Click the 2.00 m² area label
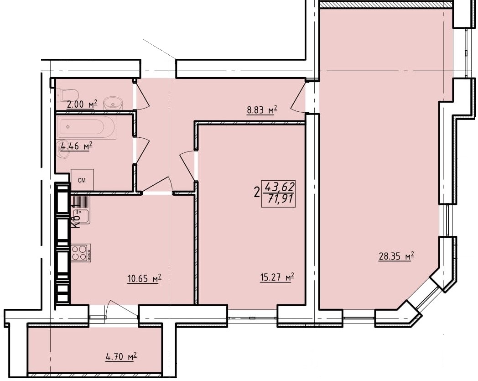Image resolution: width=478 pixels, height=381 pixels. pos(82,104)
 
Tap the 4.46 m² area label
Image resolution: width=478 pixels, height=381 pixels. pos(77,146)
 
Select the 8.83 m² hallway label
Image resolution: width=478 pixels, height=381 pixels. pos(262,110)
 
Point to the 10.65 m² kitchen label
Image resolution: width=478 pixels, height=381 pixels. pos(144,279)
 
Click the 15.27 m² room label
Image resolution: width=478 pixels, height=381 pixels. pos(277,278)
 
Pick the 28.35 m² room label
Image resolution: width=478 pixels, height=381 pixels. pos(396,256)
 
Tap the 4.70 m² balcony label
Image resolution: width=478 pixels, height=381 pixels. pos(121,356)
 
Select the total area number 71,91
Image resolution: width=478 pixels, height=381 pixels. pos(280,199)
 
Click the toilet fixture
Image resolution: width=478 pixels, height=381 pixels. pos(68,94)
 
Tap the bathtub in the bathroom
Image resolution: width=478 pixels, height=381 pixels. pos(88,127)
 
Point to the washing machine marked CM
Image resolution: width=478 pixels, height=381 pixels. pos(82,180)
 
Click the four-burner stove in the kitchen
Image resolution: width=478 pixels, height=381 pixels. pos(81,253)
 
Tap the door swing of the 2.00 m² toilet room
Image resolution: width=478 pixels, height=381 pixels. pos(142,94)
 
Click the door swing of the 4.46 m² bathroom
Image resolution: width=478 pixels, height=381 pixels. pos(142,151)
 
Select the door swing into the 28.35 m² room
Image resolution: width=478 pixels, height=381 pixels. pos(299,97)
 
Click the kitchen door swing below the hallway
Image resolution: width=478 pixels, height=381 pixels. pos(158,185)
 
